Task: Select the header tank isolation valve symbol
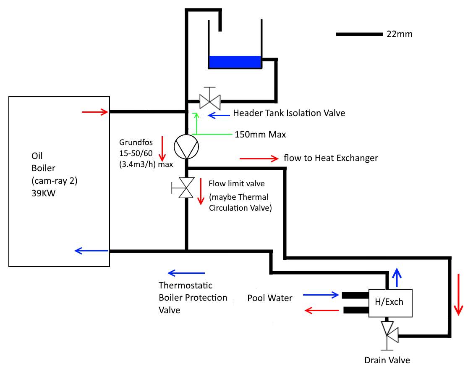pyautogui.click(x=209, y=100)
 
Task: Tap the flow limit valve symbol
pyautogui.click(x=185, y=188)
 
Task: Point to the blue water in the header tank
pyautogui.click(x=235, y=62)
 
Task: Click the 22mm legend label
pyautogui.click(x=400, y=34)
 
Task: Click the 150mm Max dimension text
pyautogui.click(x=260, y=135)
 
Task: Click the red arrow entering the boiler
pyautogui.click(x=95, y=112)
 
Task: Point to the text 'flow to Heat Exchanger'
pyautogui.click(x=331, y=158)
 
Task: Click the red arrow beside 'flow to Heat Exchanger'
pyautogui.click(x=259, y=159)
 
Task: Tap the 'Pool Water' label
pyautogui.click(x=270, y=298)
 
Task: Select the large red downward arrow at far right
pyautogui.click(x=459, y=294)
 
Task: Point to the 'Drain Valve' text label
pyautogui.click(x=387, y=360)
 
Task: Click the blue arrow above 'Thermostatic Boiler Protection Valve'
pyautogui.click(x=186, y=273)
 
